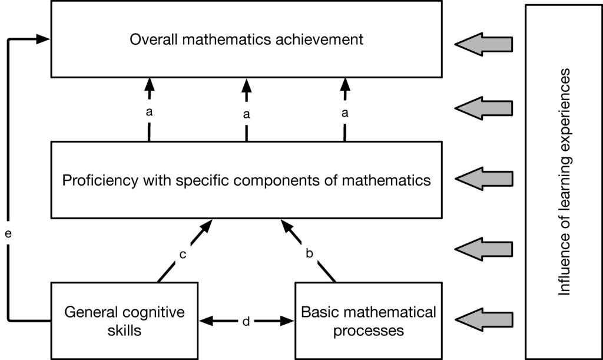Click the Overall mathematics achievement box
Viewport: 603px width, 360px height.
(246, 39)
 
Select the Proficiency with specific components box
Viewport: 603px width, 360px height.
(246, 180)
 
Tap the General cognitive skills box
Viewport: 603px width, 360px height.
(124, 321)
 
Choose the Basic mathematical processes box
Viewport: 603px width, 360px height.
(368, 321)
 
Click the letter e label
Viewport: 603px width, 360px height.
(8, 234)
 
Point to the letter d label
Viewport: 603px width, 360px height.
(246, 321)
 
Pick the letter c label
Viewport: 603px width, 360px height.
(183, 255)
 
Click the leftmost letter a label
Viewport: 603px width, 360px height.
(148, 111)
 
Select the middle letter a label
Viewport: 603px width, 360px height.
(246, 114)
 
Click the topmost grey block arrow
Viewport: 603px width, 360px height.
(484, 44)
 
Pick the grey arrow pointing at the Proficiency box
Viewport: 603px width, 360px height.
(484, 179)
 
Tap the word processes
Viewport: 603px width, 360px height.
(368, 330)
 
